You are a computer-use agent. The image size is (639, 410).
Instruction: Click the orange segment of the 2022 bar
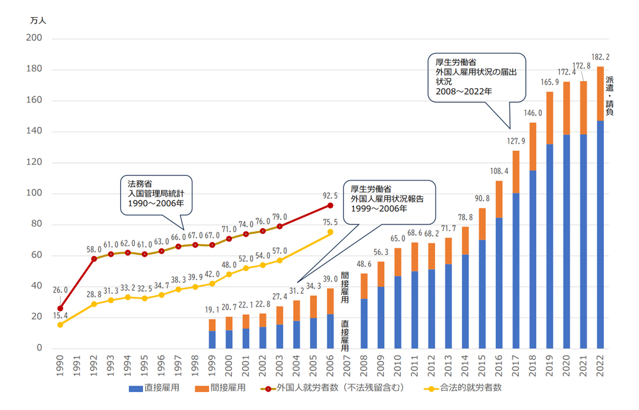[599, 93]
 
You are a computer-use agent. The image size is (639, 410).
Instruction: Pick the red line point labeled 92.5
[330, 205]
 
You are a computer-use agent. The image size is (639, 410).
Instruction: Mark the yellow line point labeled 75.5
[330, 232]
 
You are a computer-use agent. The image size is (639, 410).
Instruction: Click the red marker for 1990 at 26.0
[60, 308]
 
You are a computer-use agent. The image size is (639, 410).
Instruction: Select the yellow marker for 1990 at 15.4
[60, 324]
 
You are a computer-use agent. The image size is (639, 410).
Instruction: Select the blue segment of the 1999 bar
[212, 339]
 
